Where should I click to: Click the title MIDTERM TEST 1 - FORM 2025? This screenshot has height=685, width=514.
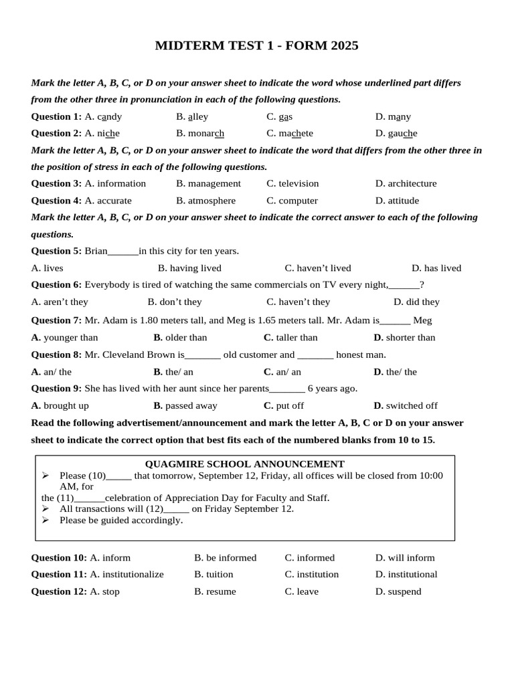[256, 45]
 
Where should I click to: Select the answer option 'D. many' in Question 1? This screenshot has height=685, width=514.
[393, 116]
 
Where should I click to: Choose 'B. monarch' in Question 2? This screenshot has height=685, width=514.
[200, 133]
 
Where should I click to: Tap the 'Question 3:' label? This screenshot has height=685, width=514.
[56, 183]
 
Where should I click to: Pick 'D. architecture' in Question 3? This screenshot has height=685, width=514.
[406, 183]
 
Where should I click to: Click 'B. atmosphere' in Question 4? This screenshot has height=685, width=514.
[205, 201]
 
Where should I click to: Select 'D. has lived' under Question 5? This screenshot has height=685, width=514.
[436, 268]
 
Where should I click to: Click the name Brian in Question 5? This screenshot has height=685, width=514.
[96, 251]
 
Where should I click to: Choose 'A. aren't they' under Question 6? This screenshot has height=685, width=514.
[60, 302]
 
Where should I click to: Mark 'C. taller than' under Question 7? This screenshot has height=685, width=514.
[290, 338]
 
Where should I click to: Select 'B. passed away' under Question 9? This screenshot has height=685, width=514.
[185, 405]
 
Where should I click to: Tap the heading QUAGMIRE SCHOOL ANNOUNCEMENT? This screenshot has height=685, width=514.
[245, 464]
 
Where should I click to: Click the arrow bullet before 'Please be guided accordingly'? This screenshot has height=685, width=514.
[46, 520]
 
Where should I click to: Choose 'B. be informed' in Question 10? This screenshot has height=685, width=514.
[225, 558]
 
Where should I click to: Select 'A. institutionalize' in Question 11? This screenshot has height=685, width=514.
[126, 575]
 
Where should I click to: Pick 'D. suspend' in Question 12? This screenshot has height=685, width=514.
[398, 591]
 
